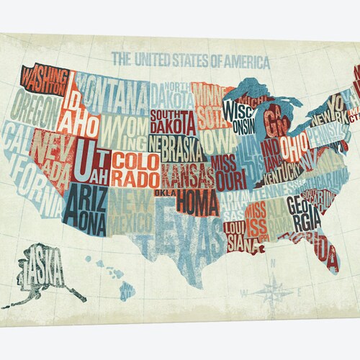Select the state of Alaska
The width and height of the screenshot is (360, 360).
click(x=45, y=270)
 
